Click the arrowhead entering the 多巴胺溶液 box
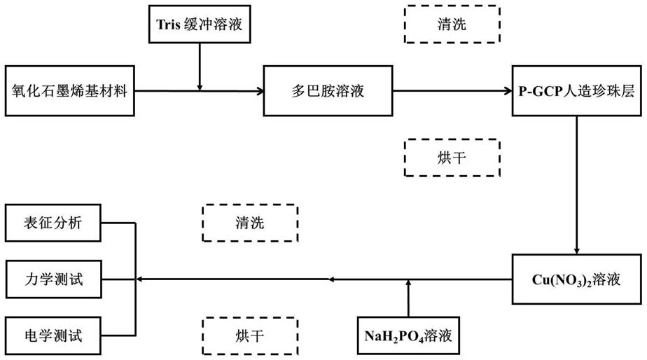(x=260, y=91)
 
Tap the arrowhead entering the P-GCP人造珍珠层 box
(x=509, y=91)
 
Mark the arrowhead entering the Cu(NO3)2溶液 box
(x=577, y=251)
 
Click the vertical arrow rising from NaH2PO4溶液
(x=408, y=298)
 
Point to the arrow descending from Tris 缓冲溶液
(x=200, y=67)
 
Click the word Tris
(x=168, y=25)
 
